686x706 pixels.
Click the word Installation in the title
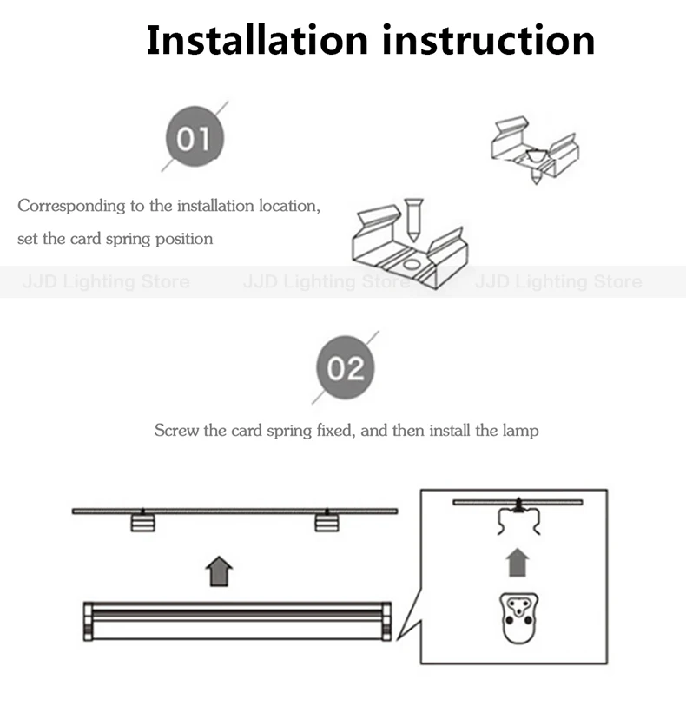[x=258, y=40]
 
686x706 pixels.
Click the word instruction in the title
[x=489, y=40]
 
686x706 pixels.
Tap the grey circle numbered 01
[x=195, y=136]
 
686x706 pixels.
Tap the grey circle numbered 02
[x=346, y=367]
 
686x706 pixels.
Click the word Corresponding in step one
[x=71, y=206]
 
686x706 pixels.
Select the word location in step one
[x=289, y=206]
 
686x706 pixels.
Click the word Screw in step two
[x=176, y=431]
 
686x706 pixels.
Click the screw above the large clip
[x=412, y=220]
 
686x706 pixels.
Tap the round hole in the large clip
[x=411, y=264]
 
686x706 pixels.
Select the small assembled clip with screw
[x=535, y=150]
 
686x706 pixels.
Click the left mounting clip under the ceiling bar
[x=142, y=523]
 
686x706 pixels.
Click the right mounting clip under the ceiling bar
[x=327, y=523]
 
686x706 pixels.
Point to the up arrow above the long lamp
[x=219, y=571]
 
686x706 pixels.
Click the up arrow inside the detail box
[x=518, y=563]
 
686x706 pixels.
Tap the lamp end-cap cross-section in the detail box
[x=519, y=618]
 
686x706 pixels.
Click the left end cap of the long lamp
[x=89, y=622]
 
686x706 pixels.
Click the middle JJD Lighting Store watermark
[x=327, y=282]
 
